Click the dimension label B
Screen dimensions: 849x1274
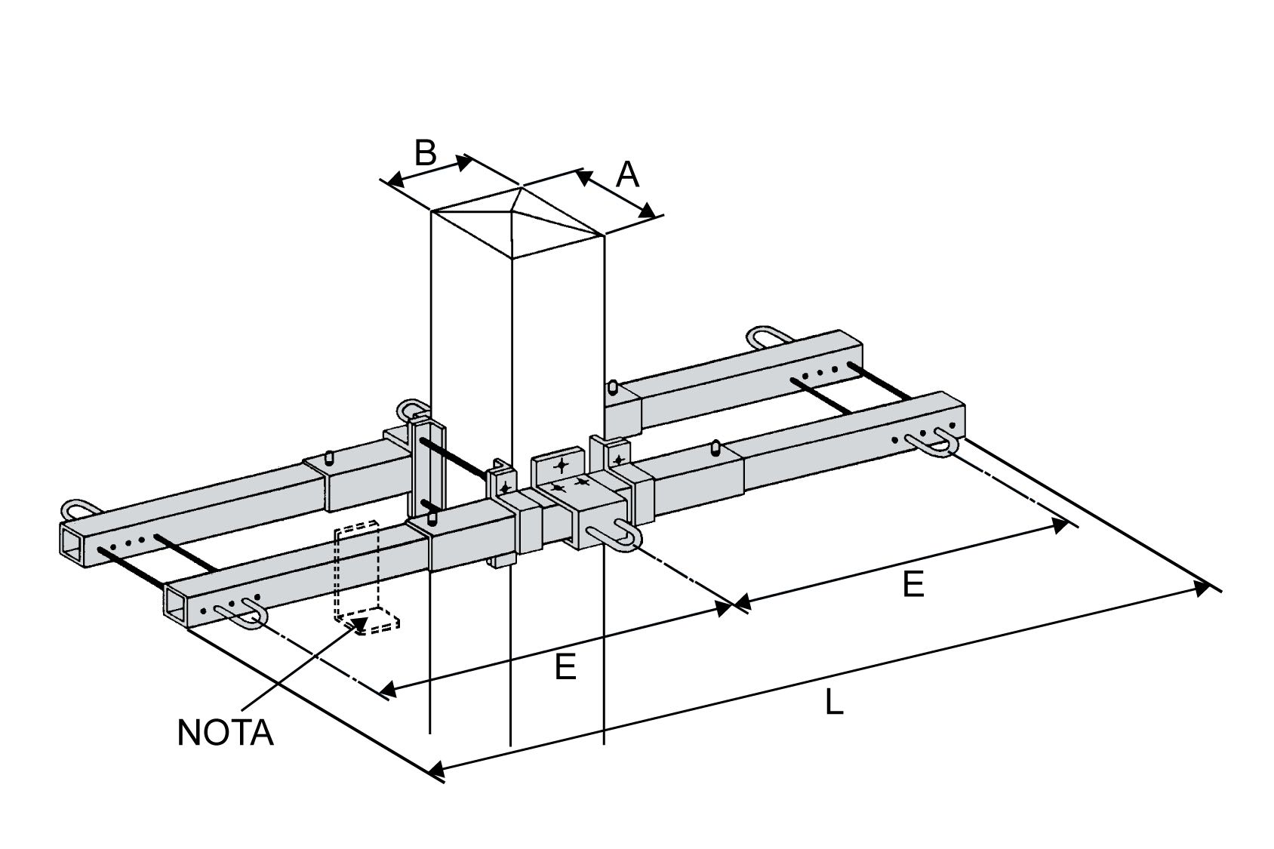[x=425, y=153]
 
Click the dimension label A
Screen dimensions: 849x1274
[x=627, y=175]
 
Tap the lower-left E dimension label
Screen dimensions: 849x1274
[x=565, y=667]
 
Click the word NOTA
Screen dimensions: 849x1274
[x=225, y=733]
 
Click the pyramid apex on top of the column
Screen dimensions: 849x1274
[x=520, y=186]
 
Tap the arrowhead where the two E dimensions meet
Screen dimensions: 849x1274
[x=733, y=603]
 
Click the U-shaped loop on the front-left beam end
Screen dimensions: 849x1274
[x=240, y=615]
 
